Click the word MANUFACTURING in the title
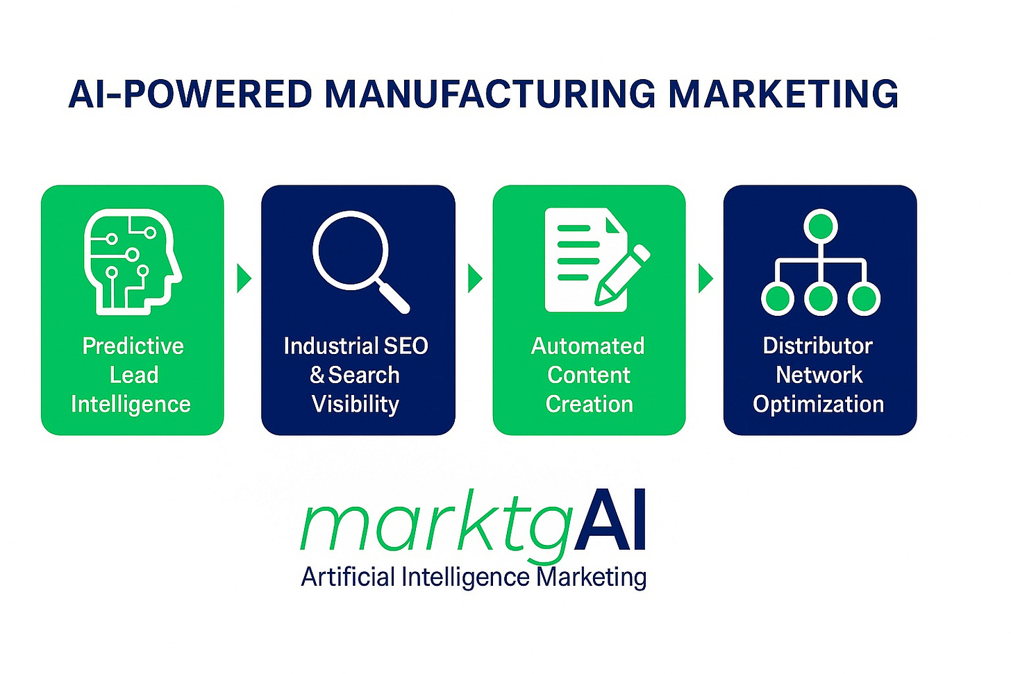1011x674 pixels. tap(490, 94)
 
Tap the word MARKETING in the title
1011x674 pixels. tap(783, 94)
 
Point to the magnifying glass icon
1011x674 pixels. tap(359, 261)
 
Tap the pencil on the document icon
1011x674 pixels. tap(621, 276)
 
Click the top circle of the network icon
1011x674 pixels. tap(820, 226)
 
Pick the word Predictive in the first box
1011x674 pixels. tap(133, 346)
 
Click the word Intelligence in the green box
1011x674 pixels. tap(131, 404)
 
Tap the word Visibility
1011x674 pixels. tap(356, 404)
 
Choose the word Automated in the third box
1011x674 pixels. tap(587, 346)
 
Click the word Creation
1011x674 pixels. tap(589, 404)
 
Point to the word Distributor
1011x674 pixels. tap(817, 346)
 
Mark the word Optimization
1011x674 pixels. tap(818, 404)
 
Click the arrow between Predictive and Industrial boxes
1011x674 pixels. tap(243, 278)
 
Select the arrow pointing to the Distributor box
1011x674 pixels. tap(705, 278)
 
